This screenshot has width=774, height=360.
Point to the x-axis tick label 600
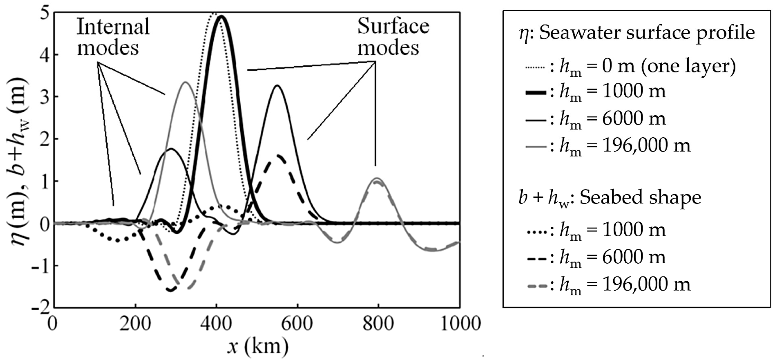[x=297, y=324]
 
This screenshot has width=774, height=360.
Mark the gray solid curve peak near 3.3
[x=185, y=82]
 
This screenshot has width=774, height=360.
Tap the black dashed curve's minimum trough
[x=171, y=290]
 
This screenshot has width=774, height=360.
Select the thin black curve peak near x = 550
[x=277, y=86]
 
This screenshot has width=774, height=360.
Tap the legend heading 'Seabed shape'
[x=640, y=197]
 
